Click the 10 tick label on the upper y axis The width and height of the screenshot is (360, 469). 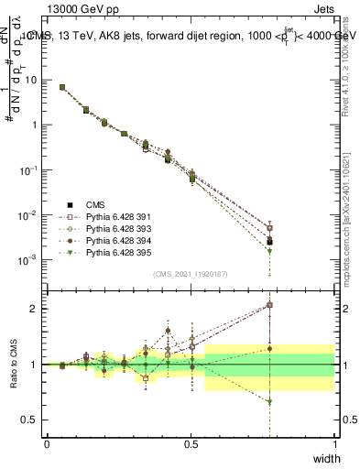click(x=29, y=80)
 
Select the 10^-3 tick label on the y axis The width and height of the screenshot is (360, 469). click(x=27, y=260)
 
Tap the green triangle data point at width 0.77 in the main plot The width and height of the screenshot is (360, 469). click(x=269, y=250)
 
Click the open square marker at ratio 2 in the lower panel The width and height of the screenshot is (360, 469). click(x=269, y=305)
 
